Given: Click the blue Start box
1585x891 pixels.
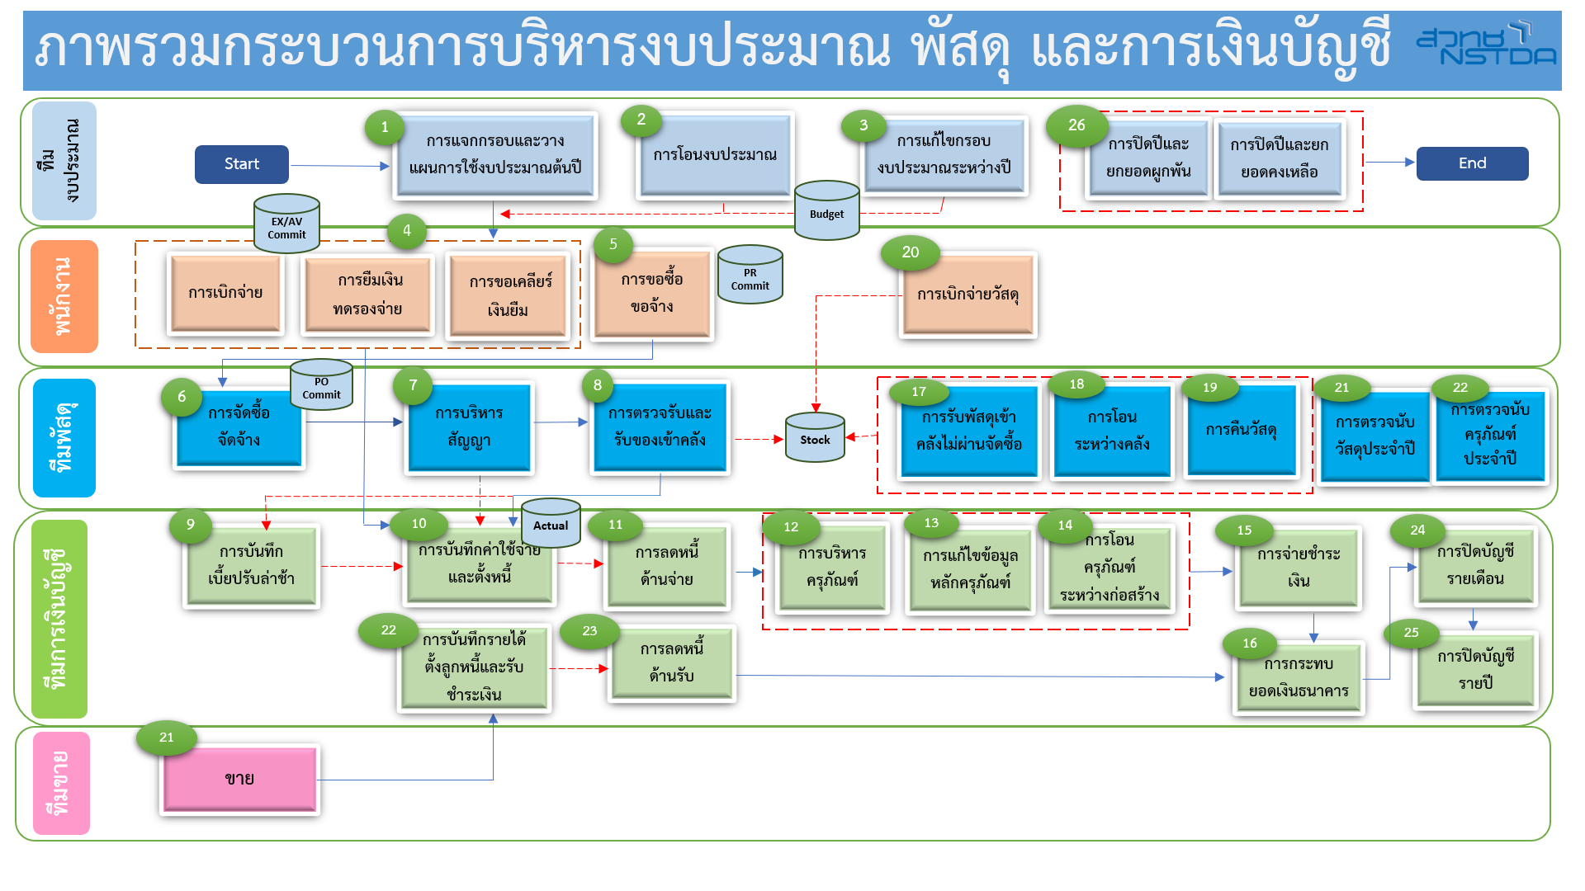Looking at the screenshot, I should [241, 164].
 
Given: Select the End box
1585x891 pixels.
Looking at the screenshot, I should [1472, 163].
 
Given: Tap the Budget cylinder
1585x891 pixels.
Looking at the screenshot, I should [826, 211].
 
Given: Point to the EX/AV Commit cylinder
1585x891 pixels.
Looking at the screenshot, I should [286, 224].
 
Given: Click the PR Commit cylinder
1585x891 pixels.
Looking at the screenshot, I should [750, 276].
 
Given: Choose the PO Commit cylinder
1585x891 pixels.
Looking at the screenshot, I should [321, 385].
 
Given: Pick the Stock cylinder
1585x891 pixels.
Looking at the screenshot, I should [815, 438].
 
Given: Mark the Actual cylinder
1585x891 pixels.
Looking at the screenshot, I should [551, 523].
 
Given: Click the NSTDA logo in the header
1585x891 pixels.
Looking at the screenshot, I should [1486, 45].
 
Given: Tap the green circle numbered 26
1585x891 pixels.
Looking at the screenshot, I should [1076, 125].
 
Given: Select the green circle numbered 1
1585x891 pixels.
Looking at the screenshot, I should [385, 127].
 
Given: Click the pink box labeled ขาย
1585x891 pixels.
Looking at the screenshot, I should [239, 779].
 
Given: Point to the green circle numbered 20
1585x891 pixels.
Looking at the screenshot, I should [910, 252].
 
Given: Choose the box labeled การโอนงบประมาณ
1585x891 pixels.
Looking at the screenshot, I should [715, 155].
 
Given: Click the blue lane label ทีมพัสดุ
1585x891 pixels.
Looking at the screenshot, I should [64, 437].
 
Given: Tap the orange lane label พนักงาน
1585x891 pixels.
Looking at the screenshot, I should [64, 296].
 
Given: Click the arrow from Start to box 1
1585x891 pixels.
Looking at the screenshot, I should [338, 166].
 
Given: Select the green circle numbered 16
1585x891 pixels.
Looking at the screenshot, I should [1250, 643].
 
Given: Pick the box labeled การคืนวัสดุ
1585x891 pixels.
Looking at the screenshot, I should [1241, 431].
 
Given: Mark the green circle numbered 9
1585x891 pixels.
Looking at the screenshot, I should [191, 525].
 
